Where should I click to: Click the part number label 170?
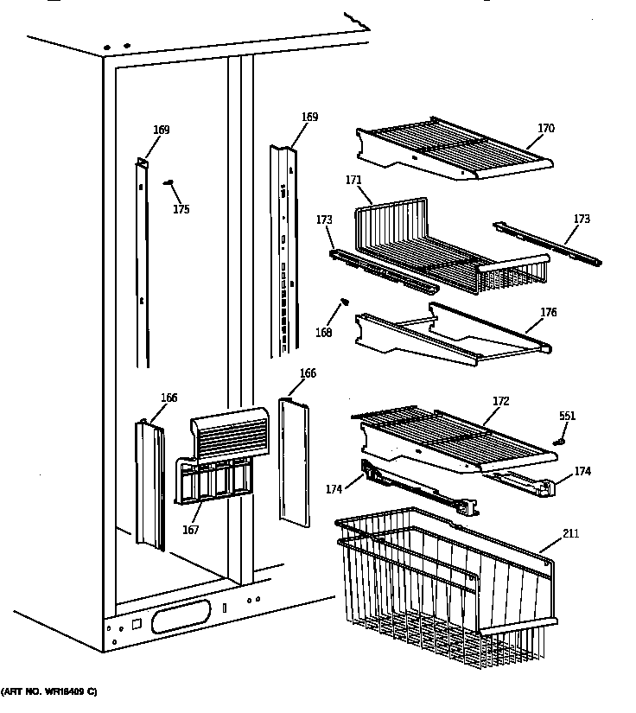(x=545, y=129)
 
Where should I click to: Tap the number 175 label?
(x=180, y=209)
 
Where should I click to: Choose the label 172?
(x=500, y=401)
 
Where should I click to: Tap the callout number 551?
(x=566, y=416)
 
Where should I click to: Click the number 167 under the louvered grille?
(x=190, y=529)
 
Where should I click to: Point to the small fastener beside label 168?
(x=346, y=302)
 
